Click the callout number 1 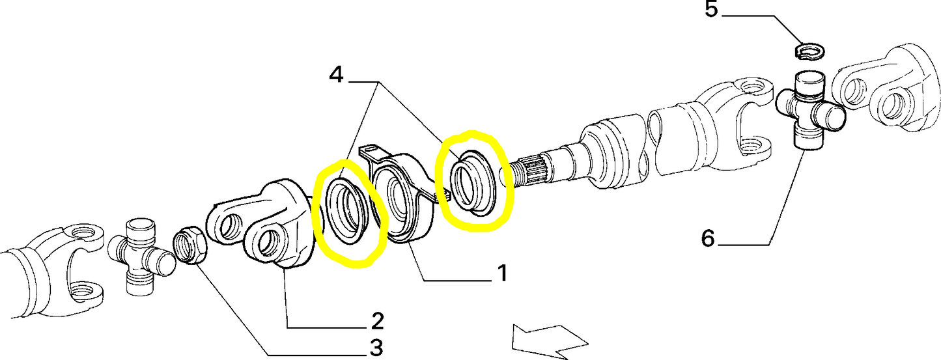502,273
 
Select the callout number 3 377,348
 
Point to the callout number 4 337,76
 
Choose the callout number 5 711,9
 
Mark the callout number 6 708,239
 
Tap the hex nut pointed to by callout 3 191,245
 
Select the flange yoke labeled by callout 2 260,225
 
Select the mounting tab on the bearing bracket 371,152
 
